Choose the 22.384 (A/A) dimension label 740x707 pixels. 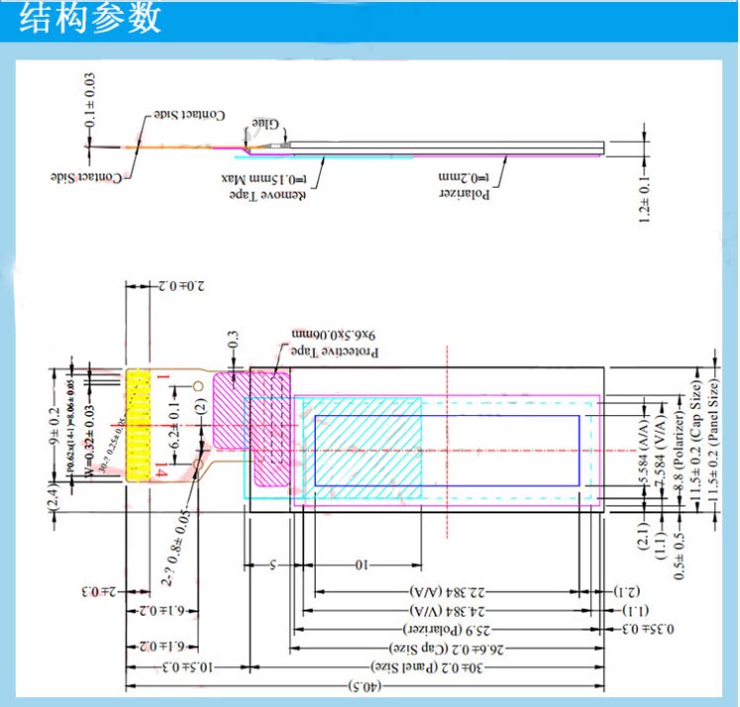pos(445,592)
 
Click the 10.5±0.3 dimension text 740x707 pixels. pos(177,666)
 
